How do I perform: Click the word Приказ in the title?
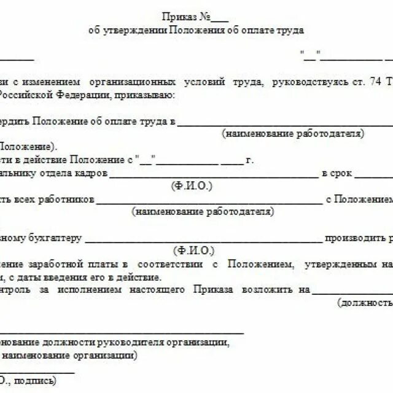177,17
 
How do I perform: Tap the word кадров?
93,174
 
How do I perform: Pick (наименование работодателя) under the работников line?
201,212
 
